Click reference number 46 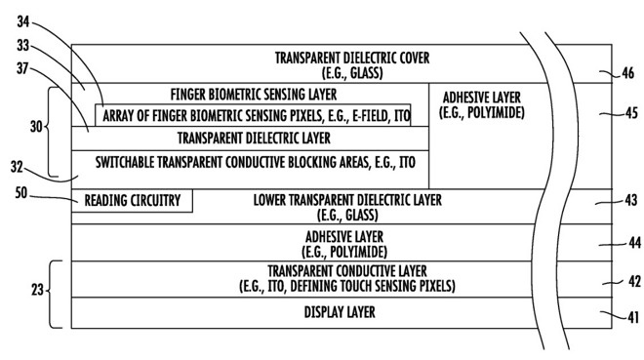click(628, 72)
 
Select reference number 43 click(627, 201)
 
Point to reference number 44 click(627, 242)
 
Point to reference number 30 click(35, 127)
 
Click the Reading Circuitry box click(133, 201)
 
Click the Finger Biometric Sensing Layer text click(253, 95)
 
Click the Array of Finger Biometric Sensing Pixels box click(253, 115)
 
